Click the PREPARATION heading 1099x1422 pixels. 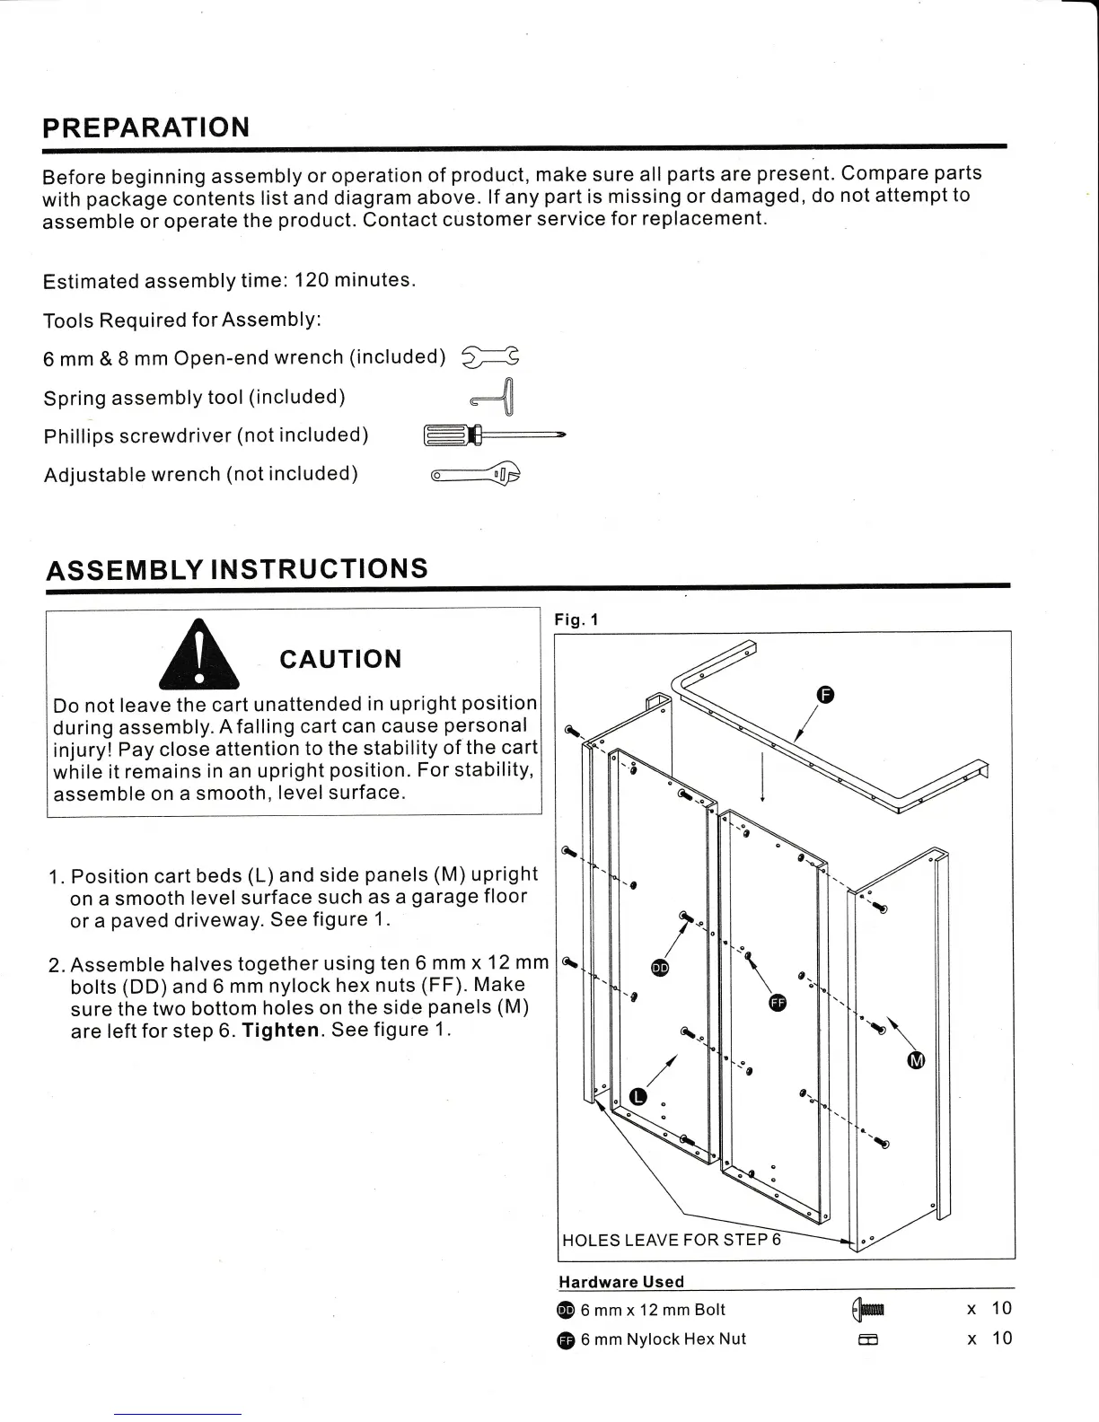[146, 127]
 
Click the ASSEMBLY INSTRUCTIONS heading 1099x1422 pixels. [237, 569]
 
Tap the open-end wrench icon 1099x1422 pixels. [490, 357]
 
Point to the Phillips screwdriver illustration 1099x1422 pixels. [493, 436]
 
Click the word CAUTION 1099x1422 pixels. [340, 660]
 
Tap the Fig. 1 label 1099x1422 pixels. [576, 619]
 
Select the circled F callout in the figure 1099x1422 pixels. [826, 694]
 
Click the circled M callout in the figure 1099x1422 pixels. [916, 1061]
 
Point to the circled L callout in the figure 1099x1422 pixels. [638, 1096]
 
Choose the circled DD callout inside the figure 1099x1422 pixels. [660, 968]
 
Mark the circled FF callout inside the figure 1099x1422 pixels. [778, 1003]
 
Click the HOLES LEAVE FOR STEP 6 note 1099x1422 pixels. [671, 1240]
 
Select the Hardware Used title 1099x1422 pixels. [621, 1282]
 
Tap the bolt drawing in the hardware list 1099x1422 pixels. [869, 1310]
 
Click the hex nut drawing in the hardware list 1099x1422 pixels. [867, 1340]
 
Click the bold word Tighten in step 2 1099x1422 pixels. [281, 1031]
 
